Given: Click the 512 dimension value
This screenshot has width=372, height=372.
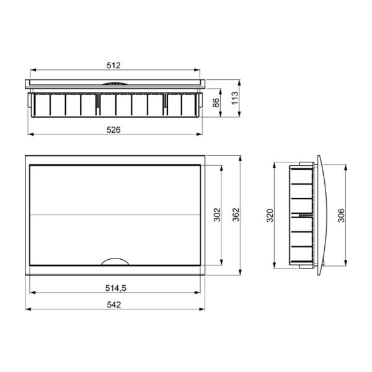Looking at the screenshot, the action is click(113, 65).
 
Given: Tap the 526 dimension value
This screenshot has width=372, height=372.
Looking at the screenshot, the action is click(113, 130).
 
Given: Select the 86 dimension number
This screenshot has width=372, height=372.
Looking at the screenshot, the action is click(216, 103).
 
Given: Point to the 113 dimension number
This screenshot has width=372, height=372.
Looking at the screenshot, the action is click(234, 98).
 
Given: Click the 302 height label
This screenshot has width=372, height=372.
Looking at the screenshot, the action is click(217, 215).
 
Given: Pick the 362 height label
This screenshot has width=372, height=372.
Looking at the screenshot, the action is click(236, 215).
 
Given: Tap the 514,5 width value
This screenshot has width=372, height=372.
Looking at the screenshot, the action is click(116, 288).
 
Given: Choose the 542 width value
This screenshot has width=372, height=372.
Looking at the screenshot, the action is click(114, 304).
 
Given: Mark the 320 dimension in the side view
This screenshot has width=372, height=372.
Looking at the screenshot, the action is click(270, 215).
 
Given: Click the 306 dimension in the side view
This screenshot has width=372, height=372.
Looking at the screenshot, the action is click(341, 215).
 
